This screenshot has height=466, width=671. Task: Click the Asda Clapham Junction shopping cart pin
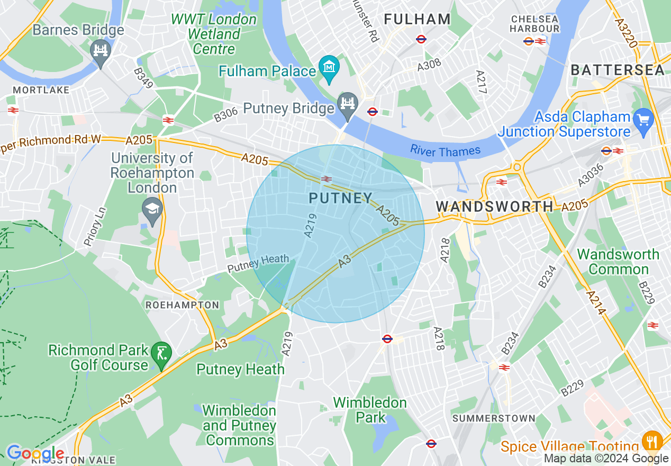coord(643,120)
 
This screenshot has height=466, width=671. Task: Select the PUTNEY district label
coord(341,199)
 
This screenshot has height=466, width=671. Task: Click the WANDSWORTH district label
coord(494,206)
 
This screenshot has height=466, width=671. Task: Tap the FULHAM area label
coord(417,20)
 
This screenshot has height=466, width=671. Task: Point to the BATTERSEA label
coord(618,70)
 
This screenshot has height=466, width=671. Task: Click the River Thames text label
coord(445,151)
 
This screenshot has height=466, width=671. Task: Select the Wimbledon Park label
coord(370,410)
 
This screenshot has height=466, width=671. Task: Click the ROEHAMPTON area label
coord(182,305)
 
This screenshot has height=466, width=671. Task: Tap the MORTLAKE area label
coord(41,90)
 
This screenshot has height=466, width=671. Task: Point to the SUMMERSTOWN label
coord(494,418)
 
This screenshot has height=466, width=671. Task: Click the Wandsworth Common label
coord(618,262)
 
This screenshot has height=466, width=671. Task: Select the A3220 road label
coord(627,33)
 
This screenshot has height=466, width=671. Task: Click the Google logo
coord(35,453)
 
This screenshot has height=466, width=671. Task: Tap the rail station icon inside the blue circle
coord(327,179)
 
